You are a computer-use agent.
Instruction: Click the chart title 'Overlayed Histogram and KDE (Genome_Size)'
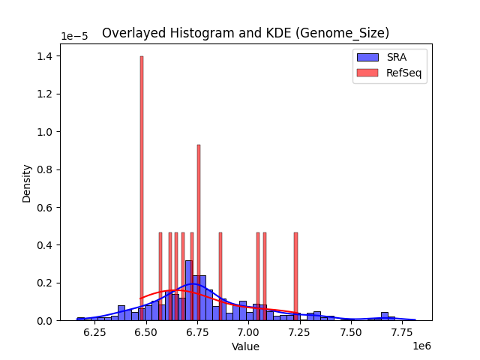tap(245, 33)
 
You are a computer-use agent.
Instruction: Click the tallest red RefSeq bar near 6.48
tap(141, 187)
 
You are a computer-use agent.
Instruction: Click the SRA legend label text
tap(396, 57)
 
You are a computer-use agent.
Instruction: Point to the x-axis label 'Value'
tap(245, 346)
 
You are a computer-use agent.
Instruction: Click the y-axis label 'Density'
tap(27, 183)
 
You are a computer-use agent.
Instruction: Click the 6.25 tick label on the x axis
tap(94, 331)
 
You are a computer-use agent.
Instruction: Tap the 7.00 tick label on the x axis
tap(248, 331)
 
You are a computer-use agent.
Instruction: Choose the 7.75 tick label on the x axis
tap(402, 331)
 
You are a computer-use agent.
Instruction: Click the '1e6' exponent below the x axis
tap(421, 346)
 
